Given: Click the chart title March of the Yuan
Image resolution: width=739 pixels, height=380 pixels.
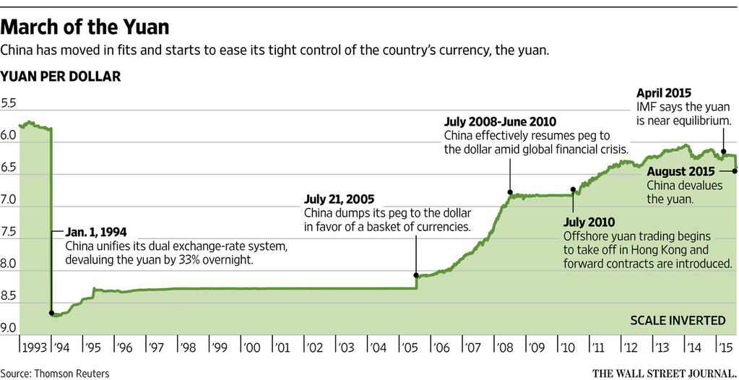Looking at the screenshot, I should pos(85,28).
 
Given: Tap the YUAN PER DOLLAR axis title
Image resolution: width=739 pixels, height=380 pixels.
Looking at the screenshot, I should pos(61,76).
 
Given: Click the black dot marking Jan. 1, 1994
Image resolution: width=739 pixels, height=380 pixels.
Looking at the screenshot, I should pos(51,314).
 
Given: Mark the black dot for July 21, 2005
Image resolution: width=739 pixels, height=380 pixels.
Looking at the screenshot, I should pos(416,275).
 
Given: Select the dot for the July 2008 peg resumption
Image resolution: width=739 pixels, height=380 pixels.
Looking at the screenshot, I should pos(510,193).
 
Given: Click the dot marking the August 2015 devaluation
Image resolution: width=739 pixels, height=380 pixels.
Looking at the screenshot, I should pos(735,170).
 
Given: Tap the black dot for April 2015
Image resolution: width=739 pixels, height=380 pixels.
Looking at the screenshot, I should pos(724,152).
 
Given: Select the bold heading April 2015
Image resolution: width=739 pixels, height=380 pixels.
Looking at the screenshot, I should pos(664,93).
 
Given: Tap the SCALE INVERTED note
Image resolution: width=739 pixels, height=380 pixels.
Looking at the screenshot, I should pos(678,320).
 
